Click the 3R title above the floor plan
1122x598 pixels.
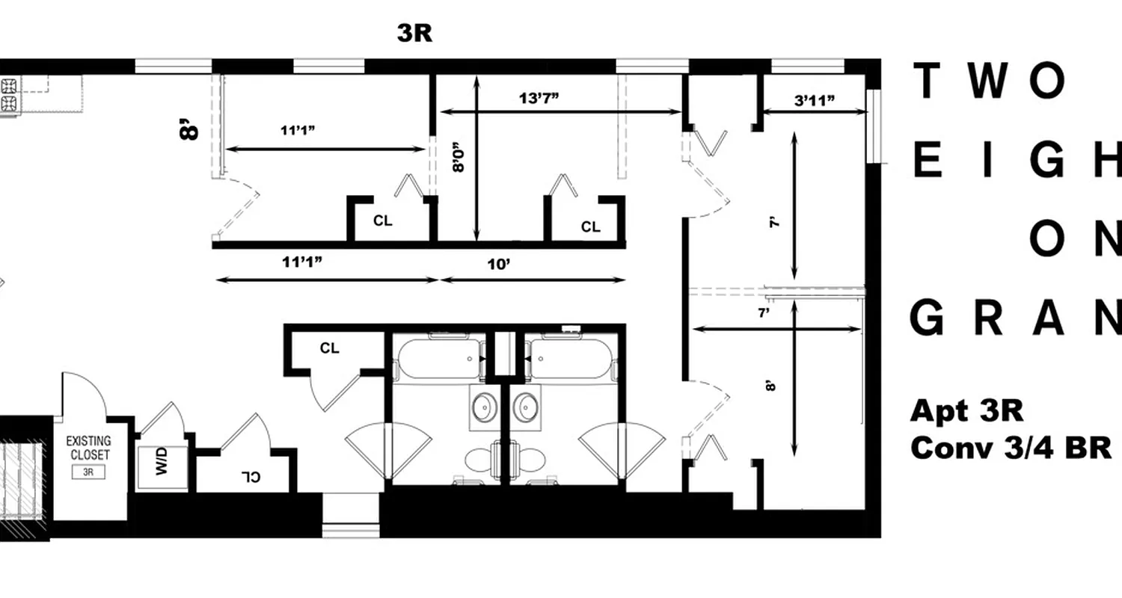[414, 34]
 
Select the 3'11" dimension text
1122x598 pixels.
[813, 101]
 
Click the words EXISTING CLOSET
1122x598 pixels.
[89, 448]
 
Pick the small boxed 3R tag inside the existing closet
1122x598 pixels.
[89, 472]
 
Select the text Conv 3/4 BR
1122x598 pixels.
[1015, 447]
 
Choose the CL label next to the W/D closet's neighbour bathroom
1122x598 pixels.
[329, 348]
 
